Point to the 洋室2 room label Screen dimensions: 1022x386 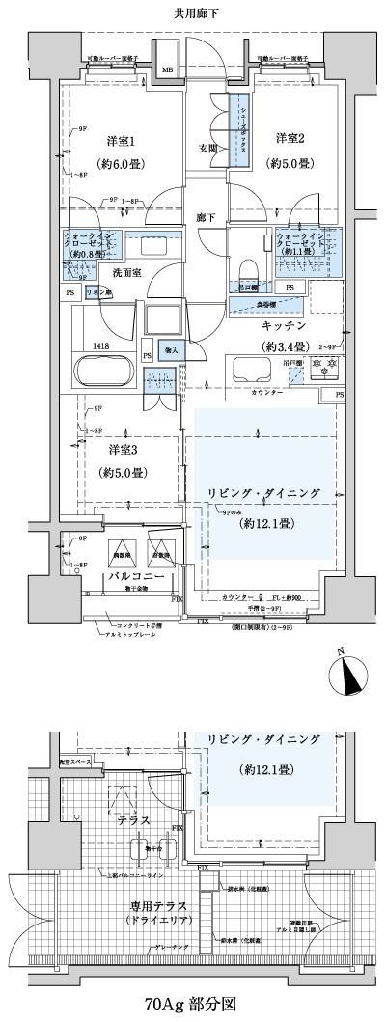(290, 138)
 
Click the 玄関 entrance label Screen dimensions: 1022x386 (207, 149)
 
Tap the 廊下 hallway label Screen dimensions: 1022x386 (204, 217)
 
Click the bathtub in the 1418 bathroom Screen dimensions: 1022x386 (104, 371)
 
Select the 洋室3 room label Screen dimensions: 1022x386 (121, 451)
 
